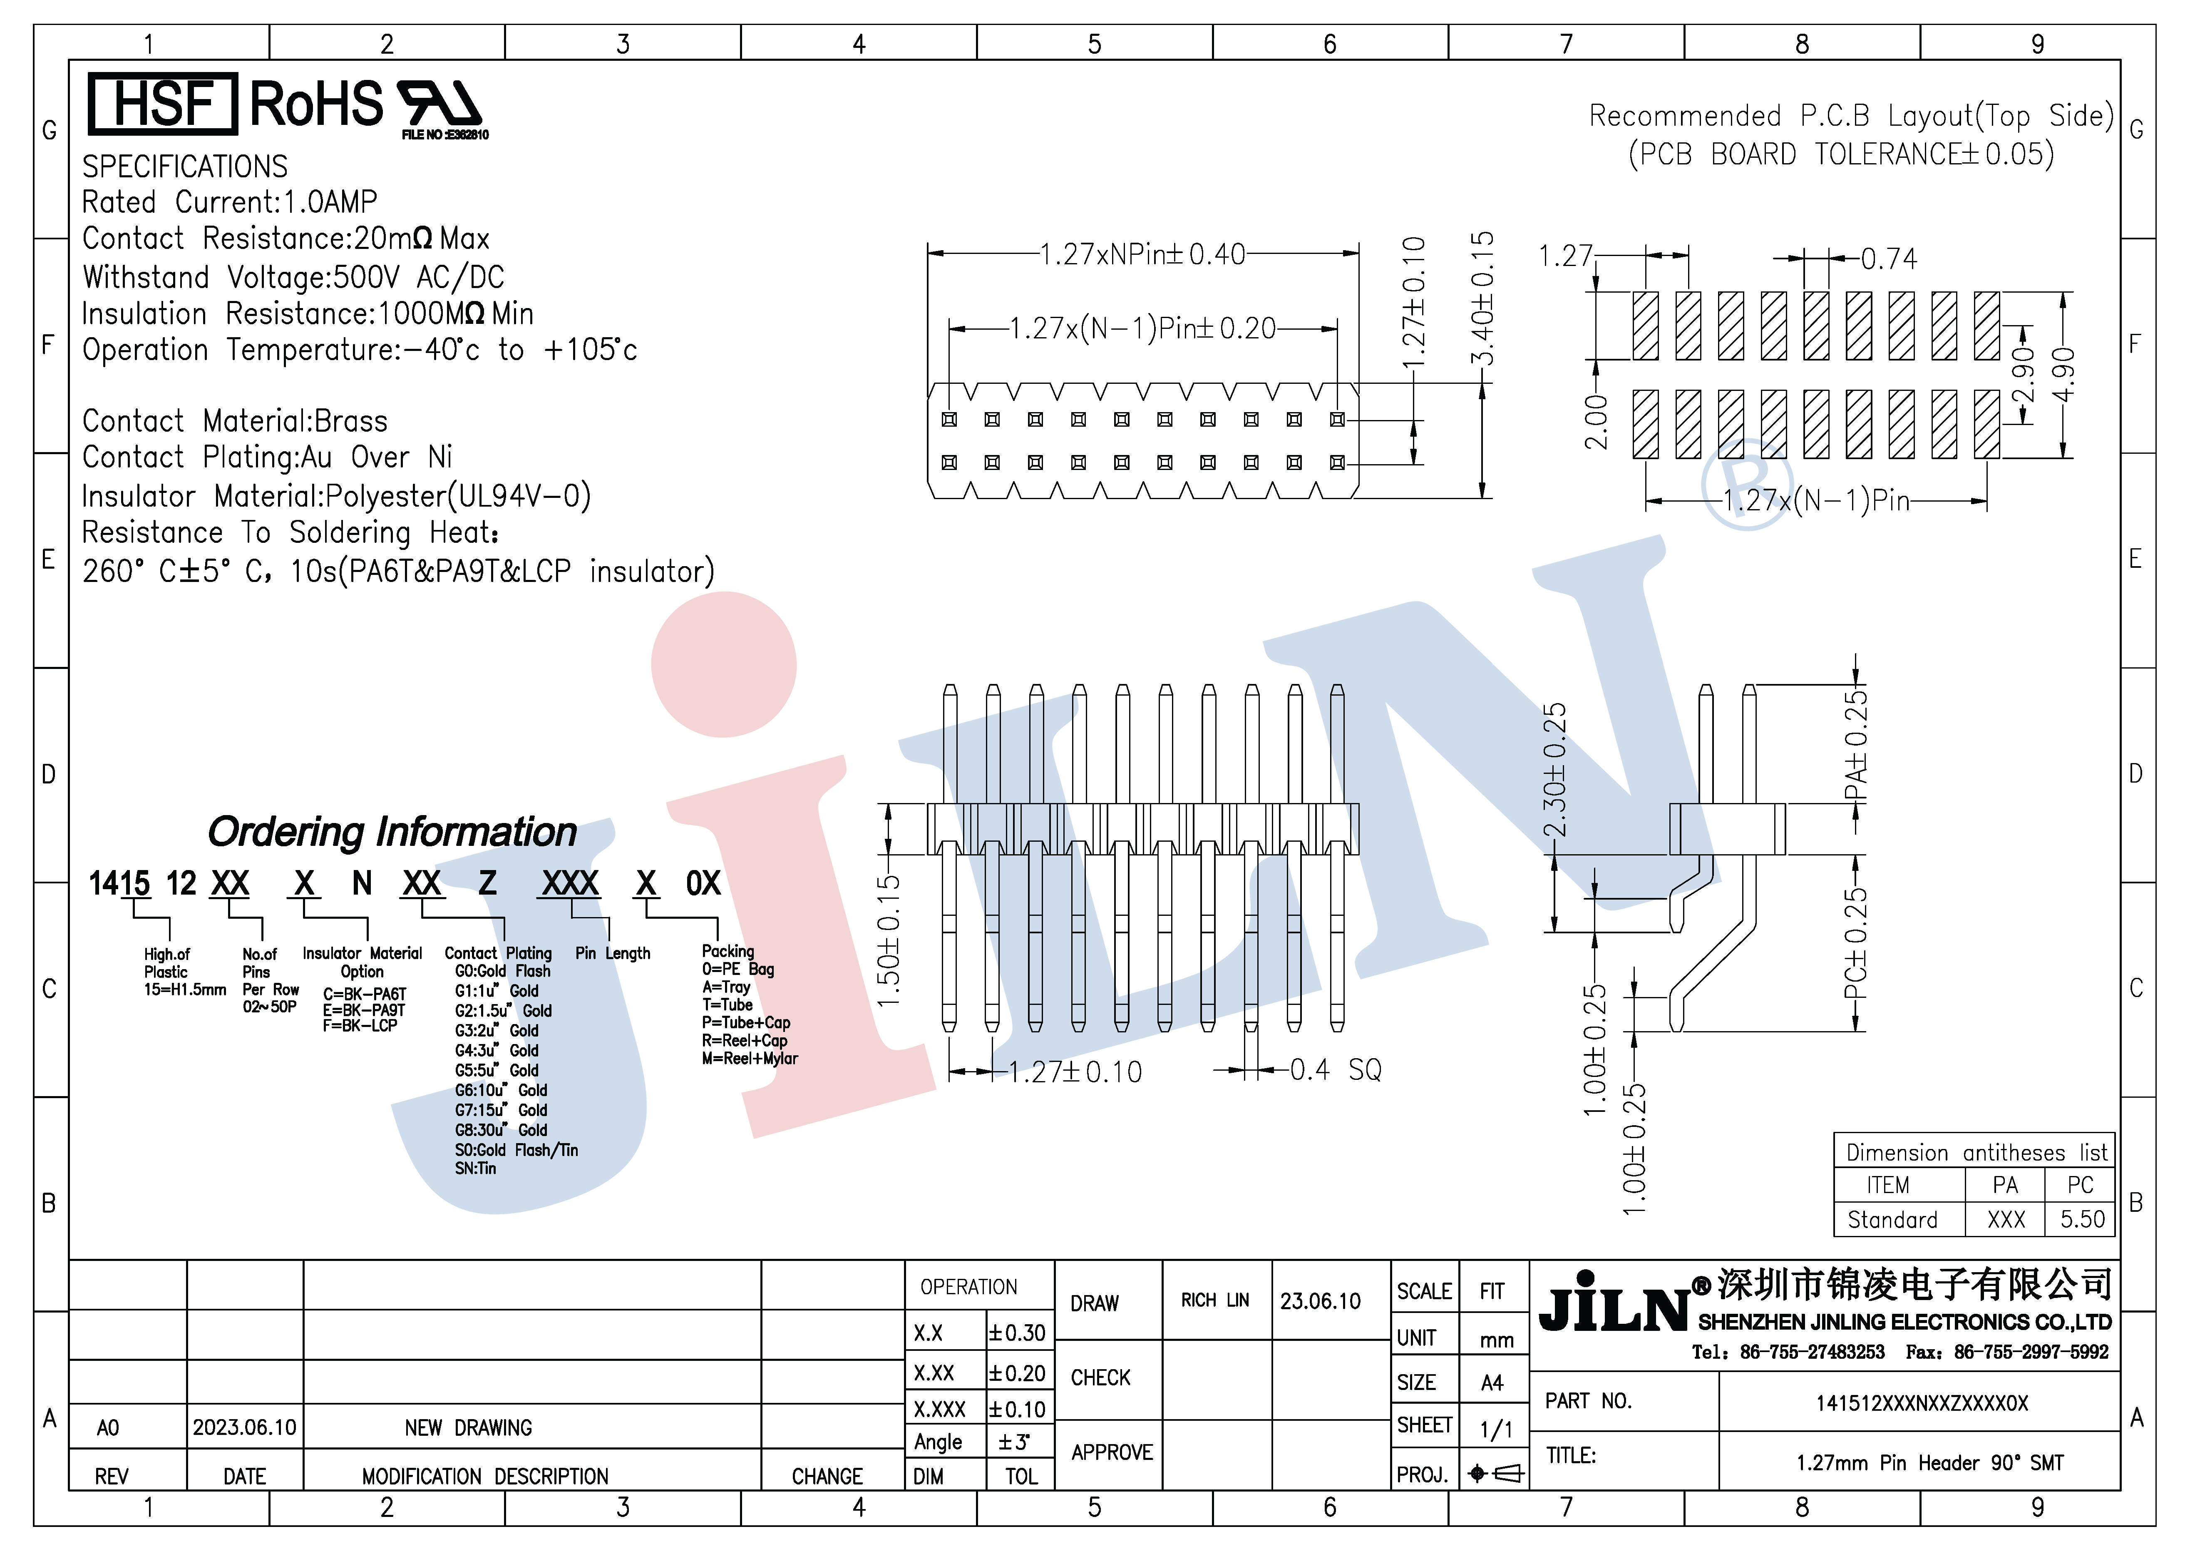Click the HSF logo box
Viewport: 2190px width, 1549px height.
[162, 103]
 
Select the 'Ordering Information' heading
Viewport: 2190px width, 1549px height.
[392, 832]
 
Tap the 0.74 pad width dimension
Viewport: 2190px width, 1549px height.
[1889, 259]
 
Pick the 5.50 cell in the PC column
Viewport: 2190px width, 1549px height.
[2081, 1219]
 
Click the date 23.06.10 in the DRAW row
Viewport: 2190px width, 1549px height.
[1320, 1301]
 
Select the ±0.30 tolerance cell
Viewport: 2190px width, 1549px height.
[1018, 1333]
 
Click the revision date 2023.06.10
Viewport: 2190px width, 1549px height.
[244, 1427]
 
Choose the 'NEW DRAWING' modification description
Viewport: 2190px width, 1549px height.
[468, 1428]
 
